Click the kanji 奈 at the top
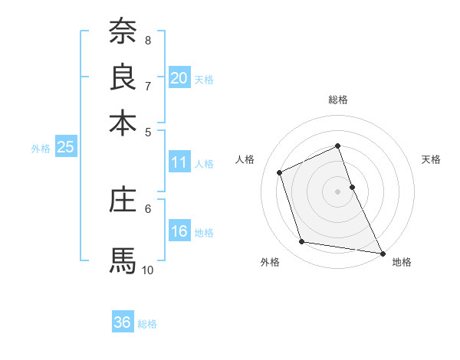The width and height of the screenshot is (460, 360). pos(123,32)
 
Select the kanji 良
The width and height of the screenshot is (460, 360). pos(123,77)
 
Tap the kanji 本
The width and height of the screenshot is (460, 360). pos(123,123)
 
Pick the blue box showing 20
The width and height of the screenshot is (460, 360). pos(179,78)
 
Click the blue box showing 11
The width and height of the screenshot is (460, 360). pos(179,162)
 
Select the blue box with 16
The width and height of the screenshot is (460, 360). pos(179,232)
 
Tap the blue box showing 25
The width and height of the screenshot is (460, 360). pos(65,148)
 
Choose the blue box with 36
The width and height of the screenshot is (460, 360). pos(123,322)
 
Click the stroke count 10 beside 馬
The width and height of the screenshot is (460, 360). pos(148,270)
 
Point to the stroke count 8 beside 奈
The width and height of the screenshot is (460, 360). pos(148,40)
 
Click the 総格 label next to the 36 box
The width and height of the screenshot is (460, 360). pos(147,324)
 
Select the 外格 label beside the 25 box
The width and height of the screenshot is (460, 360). pos(41,149)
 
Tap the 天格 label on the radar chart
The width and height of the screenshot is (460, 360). pos(432,159)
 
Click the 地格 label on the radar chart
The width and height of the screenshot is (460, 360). pos(402,263)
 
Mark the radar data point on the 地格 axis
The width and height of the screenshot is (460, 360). pos(382,252)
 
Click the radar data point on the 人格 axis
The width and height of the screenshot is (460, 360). pos(281,172)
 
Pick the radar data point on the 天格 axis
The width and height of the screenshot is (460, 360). pos(352,187)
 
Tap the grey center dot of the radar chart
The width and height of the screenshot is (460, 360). pos(338,191)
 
